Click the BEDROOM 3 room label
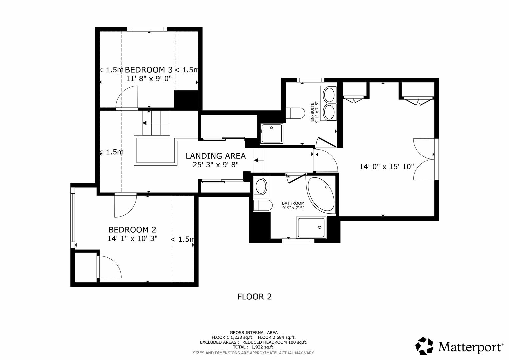[x=149, y=70]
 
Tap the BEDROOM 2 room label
[x=132, y=230]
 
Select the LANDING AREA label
[x=216, y=156]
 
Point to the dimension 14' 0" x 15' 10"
[x=386, y=166]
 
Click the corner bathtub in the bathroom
[x=320, y=195]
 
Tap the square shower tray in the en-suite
[x=272, y=133]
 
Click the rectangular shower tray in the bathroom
[x=311, y=228]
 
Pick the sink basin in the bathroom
[x=260, y=186]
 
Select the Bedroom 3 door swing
[x=127, y=98]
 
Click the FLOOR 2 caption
[x=254, y=296]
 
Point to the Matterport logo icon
[x=424, y=346]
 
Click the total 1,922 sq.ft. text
[x=253, y=347]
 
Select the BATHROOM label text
[x=293, y=203]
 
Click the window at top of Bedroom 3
[x=149, y=29]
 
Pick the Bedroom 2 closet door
[x=109, y=267]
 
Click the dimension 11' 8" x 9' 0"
[x=149, y=79]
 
